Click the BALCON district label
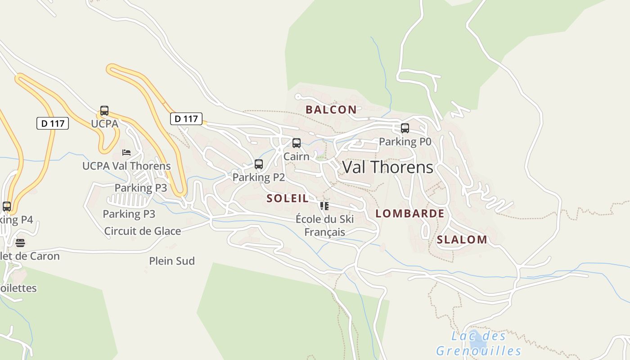coord(331,109)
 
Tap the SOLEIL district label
coord(288,198)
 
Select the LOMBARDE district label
coord(409,214)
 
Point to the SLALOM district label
coord(462,240)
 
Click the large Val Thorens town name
coord(387,167)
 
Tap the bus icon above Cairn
coord(297,143)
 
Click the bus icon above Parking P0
coord(405,128)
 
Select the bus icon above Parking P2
coord(259,164)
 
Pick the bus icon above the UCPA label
coord(104,111)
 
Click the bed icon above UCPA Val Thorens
coord(126,153)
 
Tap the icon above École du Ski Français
coord(324,207)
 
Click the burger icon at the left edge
coord(20,243)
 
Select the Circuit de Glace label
coord(142,231)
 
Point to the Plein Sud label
coord(172,261)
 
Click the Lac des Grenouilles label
coord(478,343)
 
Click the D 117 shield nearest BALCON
coord(186,119)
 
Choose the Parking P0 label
coord(405,142)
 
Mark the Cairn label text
coord(296,156)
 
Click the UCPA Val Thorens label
coord(126,166)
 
